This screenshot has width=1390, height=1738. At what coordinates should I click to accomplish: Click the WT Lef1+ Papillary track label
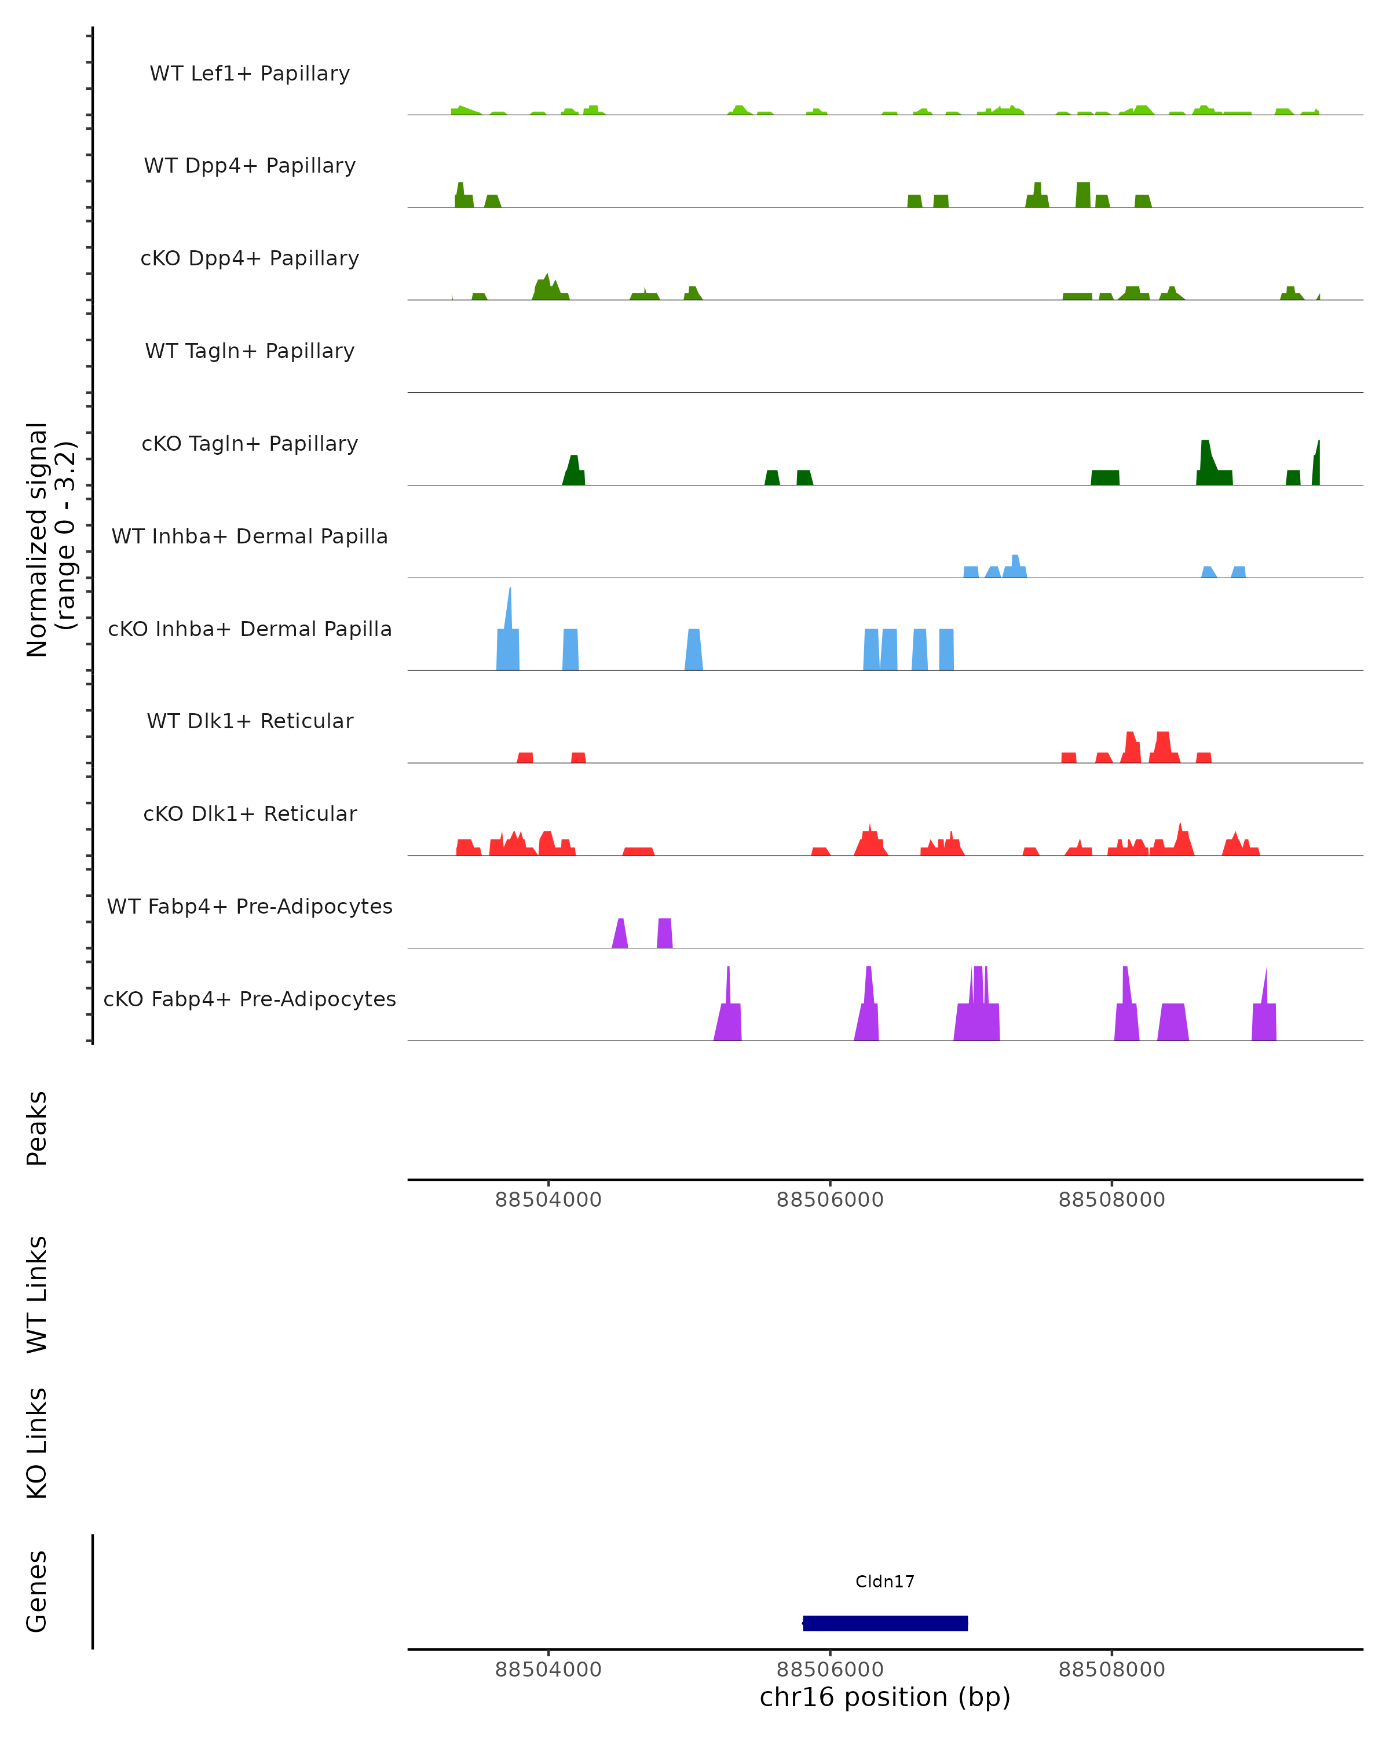250,74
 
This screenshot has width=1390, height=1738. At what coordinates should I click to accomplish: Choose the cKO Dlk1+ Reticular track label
250,813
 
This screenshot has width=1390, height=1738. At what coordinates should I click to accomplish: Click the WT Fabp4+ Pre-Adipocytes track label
250,906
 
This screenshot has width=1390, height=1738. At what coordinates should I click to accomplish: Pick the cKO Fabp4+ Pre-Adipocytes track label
250,999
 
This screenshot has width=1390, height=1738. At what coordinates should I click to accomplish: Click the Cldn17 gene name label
885,1582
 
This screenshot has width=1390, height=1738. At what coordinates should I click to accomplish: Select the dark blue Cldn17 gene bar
885,1623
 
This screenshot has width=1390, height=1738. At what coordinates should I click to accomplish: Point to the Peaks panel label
37,1128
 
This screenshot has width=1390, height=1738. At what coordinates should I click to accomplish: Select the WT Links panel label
37,1294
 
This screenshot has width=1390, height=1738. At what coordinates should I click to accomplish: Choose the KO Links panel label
37,1443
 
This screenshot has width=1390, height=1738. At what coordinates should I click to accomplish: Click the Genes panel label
37,1591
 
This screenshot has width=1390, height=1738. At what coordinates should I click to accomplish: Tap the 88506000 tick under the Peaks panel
830,1200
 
